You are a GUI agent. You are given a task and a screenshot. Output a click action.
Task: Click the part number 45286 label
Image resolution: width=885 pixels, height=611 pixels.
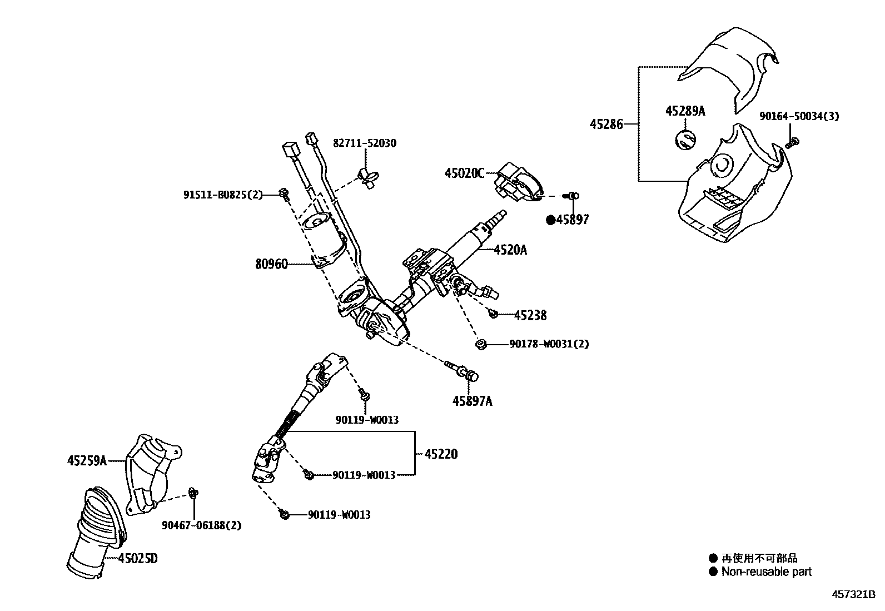pos(605,125)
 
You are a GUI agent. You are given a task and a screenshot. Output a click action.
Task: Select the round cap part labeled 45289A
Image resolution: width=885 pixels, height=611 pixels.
pos(686,139)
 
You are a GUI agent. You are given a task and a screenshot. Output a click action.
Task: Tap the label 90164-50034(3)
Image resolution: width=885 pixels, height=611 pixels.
pos(799,116)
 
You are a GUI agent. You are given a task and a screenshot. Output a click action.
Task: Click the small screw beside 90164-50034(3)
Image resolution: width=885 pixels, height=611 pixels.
pos(793,142)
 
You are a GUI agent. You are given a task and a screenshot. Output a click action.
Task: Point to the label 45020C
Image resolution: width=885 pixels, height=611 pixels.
pos(464,173)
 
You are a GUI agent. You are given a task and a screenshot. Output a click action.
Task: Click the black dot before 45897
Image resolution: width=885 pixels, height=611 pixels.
pos(550,220)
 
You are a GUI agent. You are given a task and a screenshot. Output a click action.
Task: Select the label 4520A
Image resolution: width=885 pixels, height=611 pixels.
pos(510,250)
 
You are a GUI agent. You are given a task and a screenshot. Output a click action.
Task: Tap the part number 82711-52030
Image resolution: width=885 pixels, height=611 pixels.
pos(365,143)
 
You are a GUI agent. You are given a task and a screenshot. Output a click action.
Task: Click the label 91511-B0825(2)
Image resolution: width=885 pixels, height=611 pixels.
pos(222,195)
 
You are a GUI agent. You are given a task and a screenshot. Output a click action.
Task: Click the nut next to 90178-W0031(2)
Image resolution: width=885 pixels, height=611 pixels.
pos(481,345)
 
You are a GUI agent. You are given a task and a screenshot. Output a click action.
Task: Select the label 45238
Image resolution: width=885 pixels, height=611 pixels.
pos(530,316)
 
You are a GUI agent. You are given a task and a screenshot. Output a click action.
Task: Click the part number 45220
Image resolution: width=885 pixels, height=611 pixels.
pos(441,454)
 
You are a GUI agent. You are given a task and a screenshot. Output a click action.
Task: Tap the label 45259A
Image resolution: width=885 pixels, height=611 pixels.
pos(87,460)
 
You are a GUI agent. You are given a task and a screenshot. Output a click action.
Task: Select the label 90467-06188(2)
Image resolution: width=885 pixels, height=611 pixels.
pos(202,525)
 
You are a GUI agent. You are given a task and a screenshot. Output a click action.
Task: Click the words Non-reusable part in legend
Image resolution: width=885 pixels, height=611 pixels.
pos(766,572)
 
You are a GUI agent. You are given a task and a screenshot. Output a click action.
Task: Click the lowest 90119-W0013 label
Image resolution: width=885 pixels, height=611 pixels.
pos(339,515)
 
